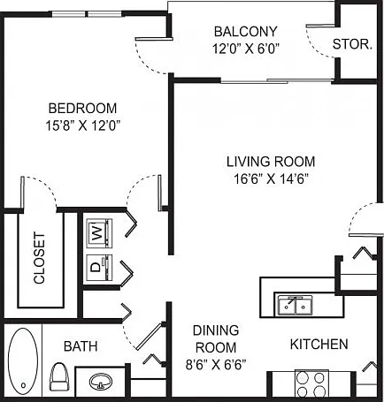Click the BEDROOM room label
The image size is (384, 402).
82,108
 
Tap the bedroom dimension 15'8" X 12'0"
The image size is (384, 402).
84,125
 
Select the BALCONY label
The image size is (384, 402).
246,32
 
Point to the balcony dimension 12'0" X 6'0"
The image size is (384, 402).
246,49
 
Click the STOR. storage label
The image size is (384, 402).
352,44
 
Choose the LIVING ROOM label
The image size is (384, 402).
271,162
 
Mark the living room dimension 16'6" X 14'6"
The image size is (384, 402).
271,178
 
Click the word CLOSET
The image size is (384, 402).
39,258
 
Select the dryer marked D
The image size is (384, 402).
99,267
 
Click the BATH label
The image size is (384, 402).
81,346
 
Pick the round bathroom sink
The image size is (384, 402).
101,382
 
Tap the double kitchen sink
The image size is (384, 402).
295,306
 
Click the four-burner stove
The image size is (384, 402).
311,384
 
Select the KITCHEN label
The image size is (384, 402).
319,345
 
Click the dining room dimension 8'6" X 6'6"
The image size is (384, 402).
216,365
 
